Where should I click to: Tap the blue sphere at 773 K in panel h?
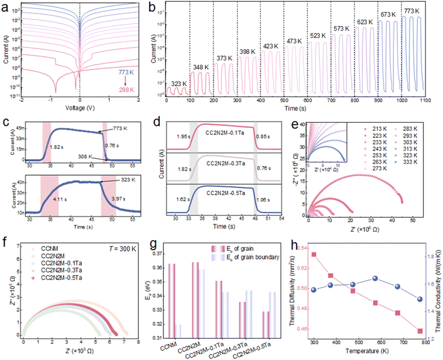click(x=418, y=299)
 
